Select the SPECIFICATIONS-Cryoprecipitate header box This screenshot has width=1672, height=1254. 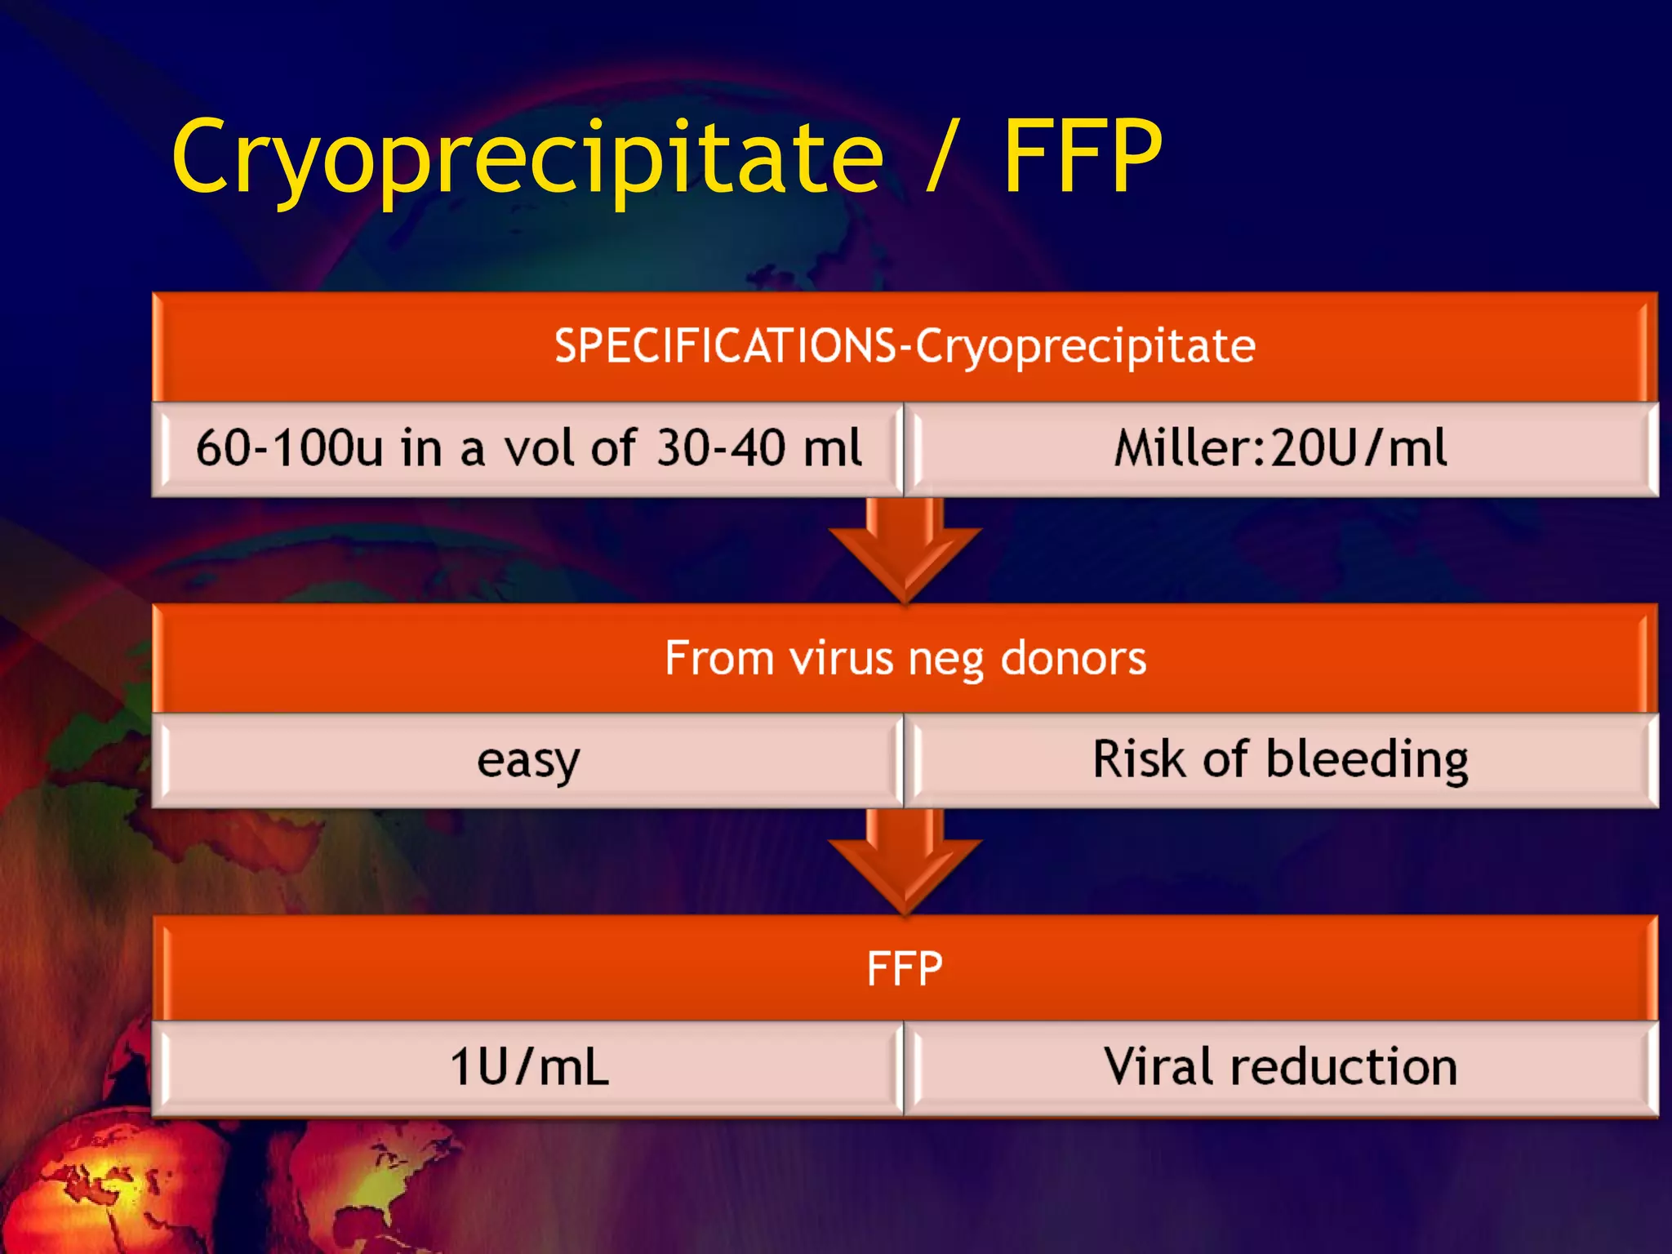point(905,345)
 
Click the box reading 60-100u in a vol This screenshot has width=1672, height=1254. point(528,448)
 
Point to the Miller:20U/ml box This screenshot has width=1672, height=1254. point(1280,448)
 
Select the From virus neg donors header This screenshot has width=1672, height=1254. point(905,657)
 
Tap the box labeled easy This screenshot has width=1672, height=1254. point(528,760)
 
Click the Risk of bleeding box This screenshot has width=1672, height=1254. point(1280,760)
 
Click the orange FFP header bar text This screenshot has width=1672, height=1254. point(905,969)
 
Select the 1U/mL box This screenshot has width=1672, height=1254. point(528,1067)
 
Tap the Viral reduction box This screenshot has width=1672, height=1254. point(1280,1067)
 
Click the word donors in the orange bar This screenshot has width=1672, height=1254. point(1073,657)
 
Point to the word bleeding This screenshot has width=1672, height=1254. point(1367,760)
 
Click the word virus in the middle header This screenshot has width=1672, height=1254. point(841,657)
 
